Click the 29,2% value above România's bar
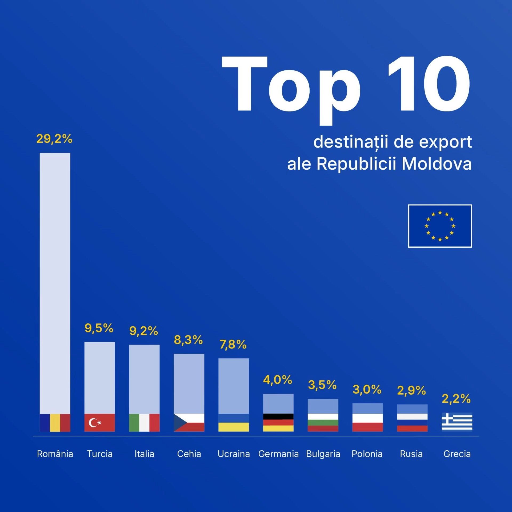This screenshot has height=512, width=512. tap(54, 139)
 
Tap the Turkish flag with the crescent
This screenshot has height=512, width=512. tap(99, 422)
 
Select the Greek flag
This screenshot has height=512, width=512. tap(457, 422)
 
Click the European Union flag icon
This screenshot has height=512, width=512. tap(440, 226)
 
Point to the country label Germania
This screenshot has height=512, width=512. tap(278, 454)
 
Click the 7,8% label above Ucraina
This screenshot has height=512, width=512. tap(233, 344)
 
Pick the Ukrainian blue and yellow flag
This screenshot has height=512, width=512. tap(233, 422)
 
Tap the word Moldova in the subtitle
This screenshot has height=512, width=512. tap(437, 163)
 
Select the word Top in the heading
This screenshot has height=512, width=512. tap(291, 88)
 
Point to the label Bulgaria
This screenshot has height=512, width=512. tap(323, 454)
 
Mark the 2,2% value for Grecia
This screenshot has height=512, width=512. tap(456, 398)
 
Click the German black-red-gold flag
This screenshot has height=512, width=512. tap(278, 422)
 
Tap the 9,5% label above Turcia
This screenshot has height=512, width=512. tap(99, 328)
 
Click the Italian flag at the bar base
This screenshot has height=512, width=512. tap(144, 422)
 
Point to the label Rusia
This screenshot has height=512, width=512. tap(411, 454)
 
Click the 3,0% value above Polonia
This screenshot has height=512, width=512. tap(367, 389)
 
